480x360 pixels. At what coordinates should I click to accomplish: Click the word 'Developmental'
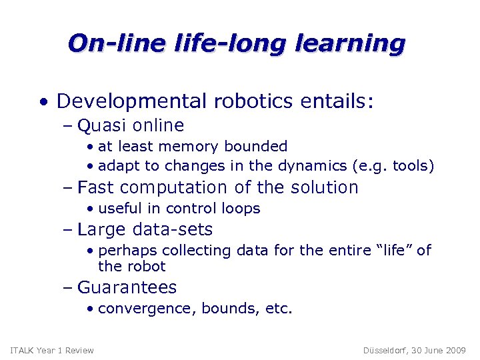tap(132, 101)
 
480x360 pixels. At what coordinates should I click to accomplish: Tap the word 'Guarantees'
tap(127, 287)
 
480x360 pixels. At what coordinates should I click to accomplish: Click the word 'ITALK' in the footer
tap(22, 351)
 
